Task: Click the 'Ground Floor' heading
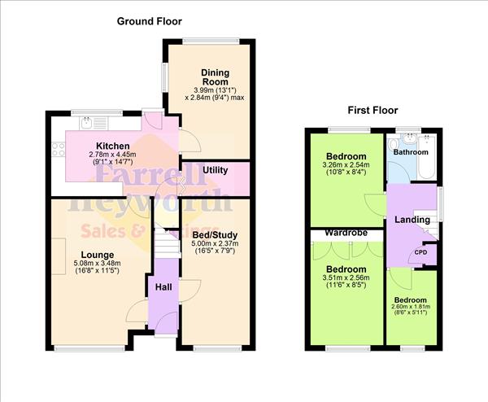click(x=150, y=21)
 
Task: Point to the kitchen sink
click(x=86, y=123)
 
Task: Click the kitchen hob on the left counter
click(x=57, y=148)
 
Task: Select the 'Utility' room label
click(x=216, y=170)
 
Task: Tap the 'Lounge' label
click(x=96, y=254)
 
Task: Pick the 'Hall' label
click(x=162, y=286)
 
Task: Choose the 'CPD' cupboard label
click(x=420, y=252)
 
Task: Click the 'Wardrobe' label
click(x=346, y=233)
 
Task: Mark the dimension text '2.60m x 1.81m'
click(x=411, y=308)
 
